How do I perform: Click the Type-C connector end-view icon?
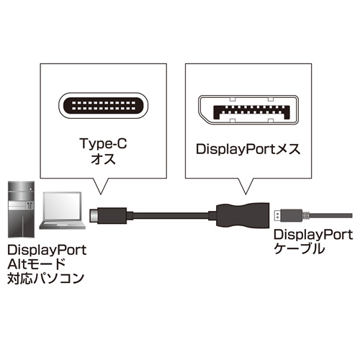tap(103, 106)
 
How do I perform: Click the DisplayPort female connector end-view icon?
tap(248, 109)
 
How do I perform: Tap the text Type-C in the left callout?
tap(103, 143)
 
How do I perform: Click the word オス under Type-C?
tap(104, 159)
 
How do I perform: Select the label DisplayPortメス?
tap(248, 149)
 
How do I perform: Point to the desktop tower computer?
tap(21, 210)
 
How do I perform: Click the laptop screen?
tap(63, 206)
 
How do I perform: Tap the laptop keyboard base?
tap(63, 225)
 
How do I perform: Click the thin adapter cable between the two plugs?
tap(171, 215)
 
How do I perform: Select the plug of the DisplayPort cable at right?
tap(289, 215)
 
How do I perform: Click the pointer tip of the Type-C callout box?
tap(101, 194)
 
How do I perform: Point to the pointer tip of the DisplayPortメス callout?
tap(246, 194)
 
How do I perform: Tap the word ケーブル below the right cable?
tap(299, 248)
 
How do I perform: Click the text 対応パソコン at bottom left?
tap(45, 279)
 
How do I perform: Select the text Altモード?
tap(36, 264)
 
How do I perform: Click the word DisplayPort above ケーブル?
tap(313, 235)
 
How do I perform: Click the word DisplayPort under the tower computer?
tap(47, 250)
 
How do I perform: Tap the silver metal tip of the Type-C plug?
tap(94, 215)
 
